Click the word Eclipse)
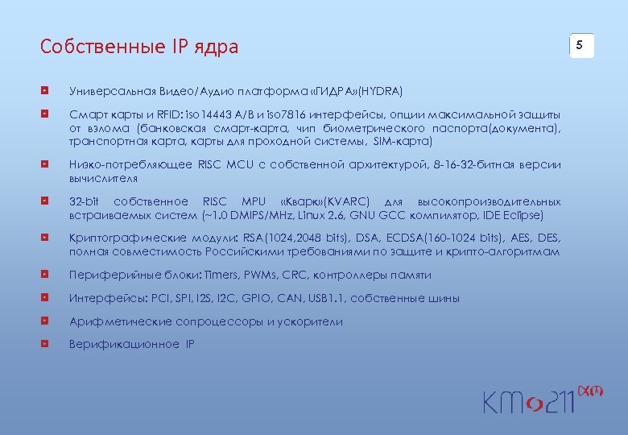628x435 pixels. (524, 215)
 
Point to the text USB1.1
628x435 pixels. (325, 298)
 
